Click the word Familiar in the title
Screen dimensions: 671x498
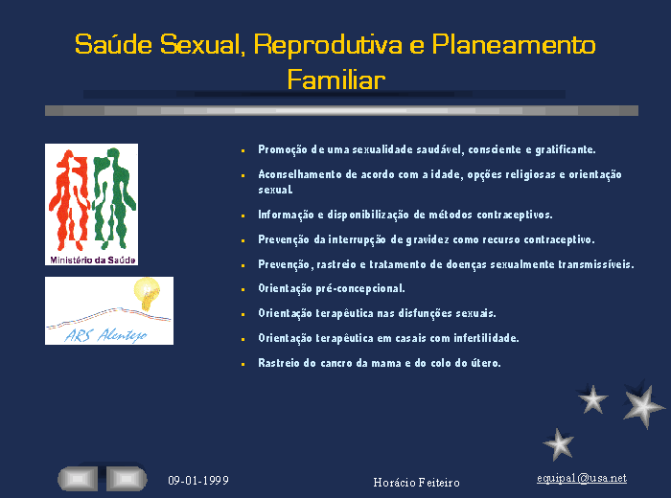(335, 79)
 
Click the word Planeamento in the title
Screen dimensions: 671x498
(514, 44)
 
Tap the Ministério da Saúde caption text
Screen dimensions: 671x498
(92, 260)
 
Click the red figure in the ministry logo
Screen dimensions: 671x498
(68, 200)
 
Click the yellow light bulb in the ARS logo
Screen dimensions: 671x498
(147, 293)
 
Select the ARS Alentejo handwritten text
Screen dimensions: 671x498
(105, 334)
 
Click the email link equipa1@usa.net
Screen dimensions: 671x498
(582, 478)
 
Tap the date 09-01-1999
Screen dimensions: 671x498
(198, 481)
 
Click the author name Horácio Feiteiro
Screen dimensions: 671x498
(416, 483)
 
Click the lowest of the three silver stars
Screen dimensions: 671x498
(559, 444)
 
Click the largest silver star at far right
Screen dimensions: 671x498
(643, 405)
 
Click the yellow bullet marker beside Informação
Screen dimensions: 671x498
(243, 215)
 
